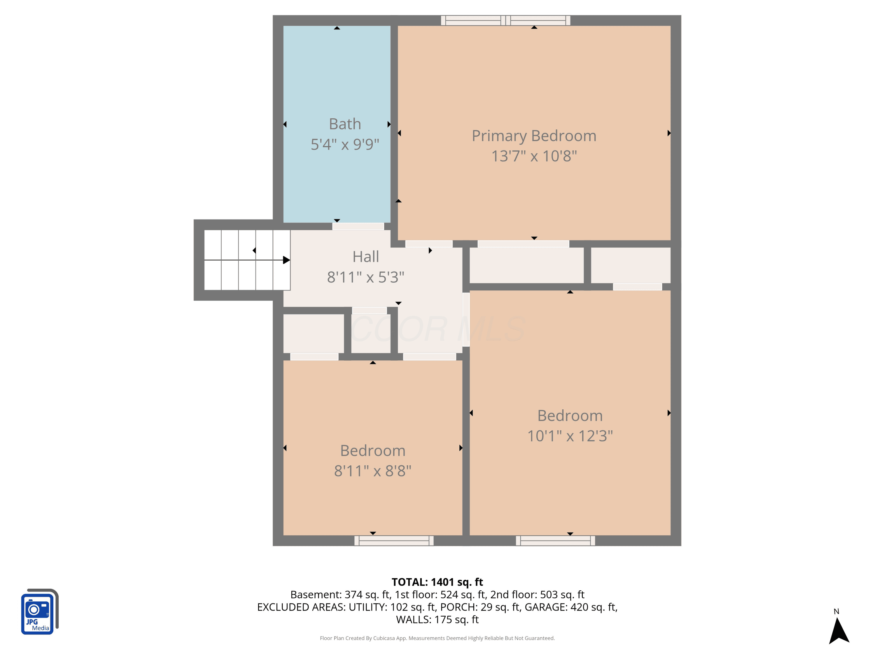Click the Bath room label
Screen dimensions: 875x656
(x=345, y=124)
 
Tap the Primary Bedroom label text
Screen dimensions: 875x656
(x=534, y=136)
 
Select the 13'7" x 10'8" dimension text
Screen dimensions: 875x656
(x=534, y=156)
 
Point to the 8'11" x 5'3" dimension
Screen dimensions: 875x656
(x=365, y=277)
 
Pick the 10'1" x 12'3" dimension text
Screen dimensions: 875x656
(x=570, y=436)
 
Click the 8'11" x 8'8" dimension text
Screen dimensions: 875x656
(x=373, y=471)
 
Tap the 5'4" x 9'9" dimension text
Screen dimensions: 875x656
(x=345, y=144)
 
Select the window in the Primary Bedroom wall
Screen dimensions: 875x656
(x=505, y=21)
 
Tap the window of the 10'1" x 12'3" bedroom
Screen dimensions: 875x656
(x=555, y=541)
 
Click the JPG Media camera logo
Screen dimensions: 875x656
(x=40, y=612)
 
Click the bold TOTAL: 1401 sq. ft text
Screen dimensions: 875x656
(x=437, y=582)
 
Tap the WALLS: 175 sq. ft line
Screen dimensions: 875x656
(x=437, y=620)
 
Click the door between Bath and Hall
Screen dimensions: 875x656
(x=358, y=227)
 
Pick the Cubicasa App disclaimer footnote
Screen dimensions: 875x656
(x=437, y=638)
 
